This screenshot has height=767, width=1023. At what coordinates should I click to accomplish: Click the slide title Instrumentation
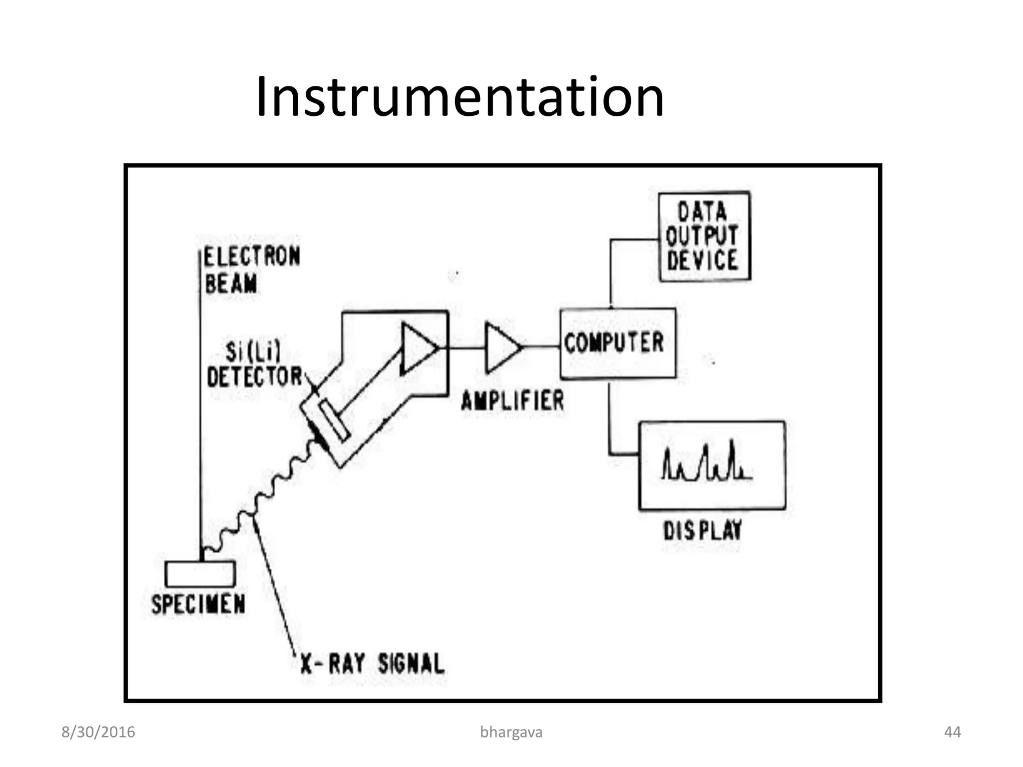click(460, 97)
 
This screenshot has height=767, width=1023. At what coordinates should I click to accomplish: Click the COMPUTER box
click(617, 343)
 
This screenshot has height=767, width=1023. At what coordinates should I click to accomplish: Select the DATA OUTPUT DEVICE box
click(704, 236)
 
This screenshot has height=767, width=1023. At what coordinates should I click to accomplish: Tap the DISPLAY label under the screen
click(702, 530)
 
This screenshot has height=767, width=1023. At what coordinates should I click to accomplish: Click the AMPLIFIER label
click(512, 401)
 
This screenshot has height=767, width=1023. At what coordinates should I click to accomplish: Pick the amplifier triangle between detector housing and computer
click(502, 348)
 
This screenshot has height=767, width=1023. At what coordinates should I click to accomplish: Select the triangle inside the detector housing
click(417, 348)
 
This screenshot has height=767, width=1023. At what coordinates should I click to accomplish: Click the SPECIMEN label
click(198, 605)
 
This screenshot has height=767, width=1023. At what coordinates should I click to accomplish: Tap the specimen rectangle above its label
click(200, 574)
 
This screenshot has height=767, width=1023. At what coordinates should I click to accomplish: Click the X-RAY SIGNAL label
click(372, 664)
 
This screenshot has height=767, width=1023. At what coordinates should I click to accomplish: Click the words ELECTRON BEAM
click(251, 270)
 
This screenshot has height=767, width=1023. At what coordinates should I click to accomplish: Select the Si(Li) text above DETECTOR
click(253, 352)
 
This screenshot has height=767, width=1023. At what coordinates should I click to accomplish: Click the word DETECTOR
click(254, 377)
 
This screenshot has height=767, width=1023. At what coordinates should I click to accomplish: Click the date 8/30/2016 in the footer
click(98, 732)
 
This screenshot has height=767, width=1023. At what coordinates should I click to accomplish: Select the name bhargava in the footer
click(511, 732)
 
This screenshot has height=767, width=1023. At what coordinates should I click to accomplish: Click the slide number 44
click(952, 732)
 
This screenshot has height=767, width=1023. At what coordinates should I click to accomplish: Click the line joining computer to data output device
click(611, 270)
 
